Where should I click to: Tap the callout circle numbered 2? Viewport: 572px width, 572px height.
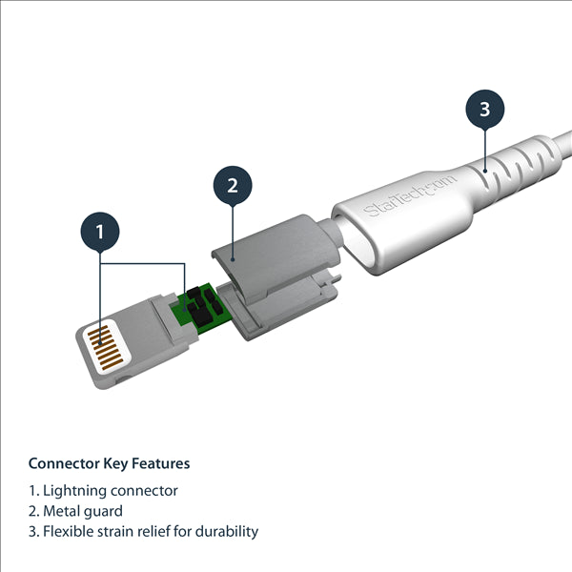232,185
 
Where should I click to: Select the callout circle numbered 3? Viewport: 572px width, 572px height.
484,109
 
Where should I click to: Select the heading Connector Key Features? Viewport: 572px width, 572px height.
109,464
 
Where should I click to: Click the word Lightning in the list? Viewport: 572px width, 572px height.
72,491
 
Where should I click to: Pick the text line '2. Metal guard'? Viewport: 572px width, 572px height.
75,511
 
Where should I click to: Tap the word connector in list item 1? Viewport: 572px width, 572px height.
141,491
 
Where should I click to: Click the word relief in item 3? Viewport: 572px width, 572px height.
155,531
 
